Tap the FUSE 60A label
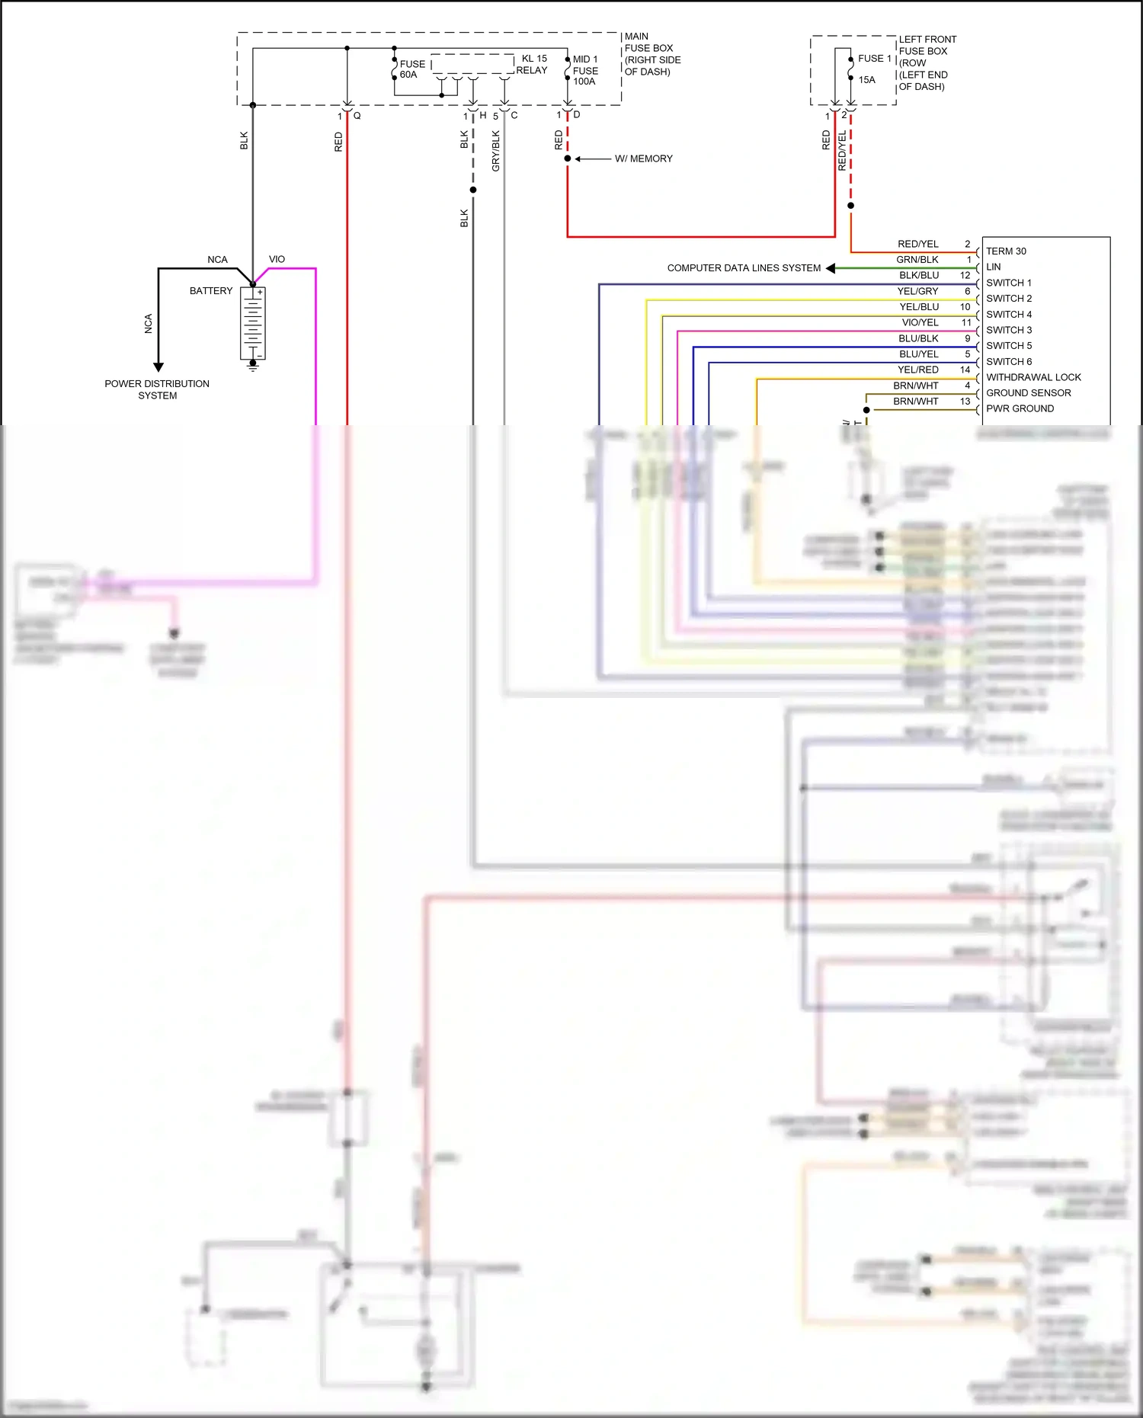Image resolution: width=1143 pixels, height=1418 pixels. (411, 69)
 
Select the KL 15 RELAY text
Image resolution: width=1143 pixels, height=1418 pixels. (533, 64)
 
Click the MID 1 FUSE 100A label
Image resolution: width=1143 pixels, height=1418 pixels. (584, 70)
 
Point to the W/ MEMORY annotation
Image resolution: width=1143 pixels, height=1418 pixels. (643, 158)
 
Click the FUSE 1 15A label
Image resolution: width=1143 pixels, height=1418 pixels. (872, 68)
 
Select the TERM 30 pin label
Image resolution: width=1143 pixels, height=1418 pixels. (1006, 251)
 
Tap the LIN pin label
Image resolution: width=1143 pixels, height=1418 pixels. (994, 267)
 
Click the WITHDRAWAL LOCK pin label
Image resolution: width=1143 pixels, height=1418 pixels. (1033, 377)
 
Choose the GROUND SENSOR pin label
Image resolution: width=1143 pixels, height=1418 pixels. (1028, 393)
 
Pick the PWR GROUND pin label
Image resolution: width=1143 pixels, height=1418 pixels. (1020, 408)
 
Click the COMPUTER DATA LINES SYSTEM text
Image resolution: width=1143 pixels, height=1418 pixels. (744, 268)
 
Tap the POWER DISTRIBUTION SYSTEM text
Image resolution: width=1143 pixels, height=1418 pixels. (157, 389)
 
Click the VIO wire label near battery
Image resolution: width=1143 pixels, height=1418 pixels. (277, 259)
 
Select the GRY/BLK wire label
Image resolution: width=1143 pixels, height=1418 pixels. (495, 151)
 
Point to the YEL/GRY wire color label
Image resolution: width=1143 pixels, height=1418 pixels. (917, 291)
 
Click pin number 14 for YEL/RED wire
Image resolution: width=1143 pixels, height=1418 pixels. (965, 370)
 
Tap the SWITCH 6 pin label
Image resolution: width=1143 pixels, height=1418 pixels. (1009, 362)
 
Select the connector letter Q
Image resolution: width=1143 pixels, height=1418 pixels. (357, 116)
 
